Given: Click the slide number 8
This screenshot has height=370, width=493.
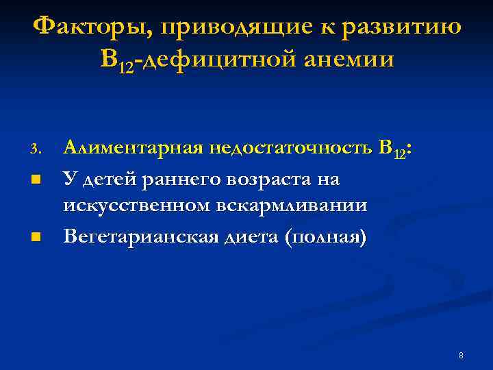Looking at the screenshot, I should tap(461, 356).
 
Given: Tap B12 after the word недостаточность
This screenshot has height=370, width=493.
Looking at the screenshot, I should tap(399, 148).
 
